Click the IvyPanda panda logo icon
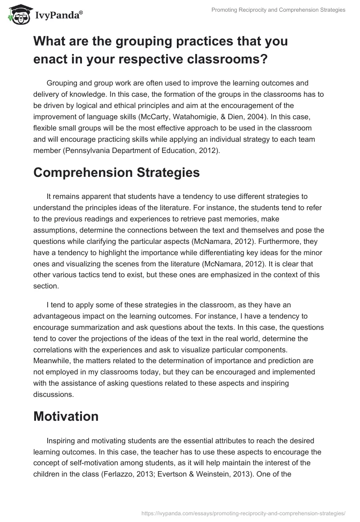pos(17,16)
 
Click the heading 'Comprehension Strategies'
pos(117,173)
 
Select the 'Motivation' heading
pos(66,416)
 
